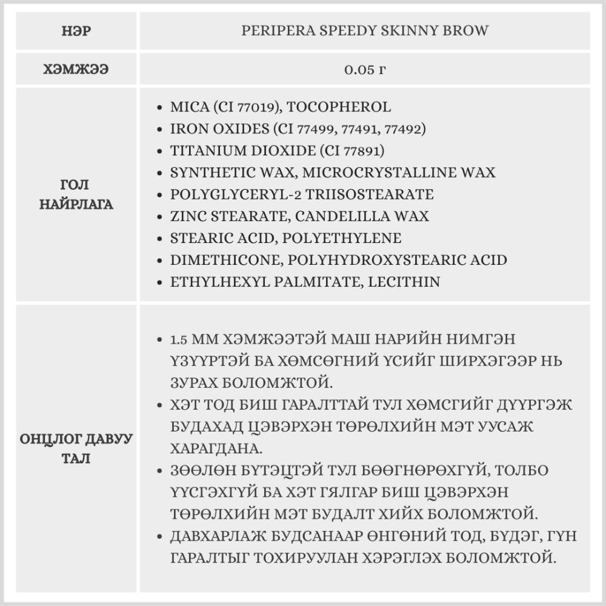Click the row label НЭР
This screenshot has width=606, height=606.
point(76,31)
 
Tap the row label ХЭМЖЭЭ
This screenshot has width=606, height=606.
point(76,69)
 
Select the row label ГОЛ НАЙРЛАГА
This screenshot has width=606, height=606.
point(76,194)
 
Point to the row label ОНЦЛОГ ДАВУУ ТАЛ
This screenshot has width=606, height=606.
point(76,448)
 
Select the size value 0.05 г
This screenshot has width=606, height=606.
point(365,69)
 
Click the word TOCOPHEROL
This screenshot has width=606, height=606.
point(338,107)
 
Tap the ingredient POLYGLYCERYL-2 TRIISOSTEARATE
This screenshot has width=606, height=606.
point(302,195)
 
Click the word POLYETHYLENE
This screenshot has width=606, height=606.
point(345,238)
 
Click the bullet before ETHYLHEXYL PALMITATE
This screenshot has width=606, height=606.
point(159,282)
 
